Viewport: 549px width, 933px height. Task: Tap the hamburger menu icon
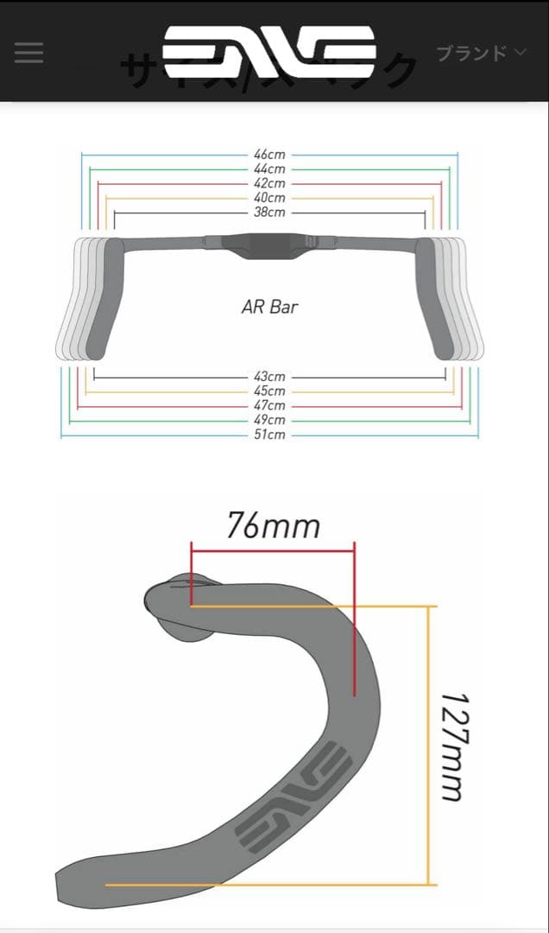click(x=28, y=53)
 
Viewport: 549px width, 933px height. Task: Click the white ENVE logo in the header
click(x=269, y=52)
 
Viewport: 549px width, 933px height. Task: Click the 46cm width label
click(x=269, y=155)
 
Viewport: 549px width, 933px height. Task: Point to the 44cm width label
click(x=269, y=169)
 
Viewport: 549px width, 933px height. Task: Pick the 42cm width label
click(x=269, y=183)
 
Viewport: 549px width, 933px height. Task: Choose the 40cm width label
click(x=269, y=198)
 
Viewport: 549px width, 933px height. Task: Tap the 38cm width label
click(x=269, y=213)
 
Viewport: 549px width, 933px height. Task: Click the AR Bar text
click(x=270, y=307)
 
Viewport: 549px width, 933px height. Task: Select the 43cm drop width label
click(x=269, y=377)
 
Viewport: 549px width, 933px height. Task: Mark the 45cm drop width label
click(x=269, y=391)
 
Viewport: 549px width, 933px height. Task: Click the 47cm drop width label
click(x=269, y=405)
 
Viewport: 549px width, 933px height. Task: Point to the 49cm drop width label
click(x=269, y=420)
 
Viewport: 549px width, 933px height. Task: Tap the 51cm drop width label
click(x=269, y=435)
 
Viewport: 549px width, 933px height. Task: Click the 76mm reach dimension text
click(x=273, y=525)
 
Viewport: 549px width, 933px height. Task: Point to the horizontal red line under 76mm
click(x=273, y=549)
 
